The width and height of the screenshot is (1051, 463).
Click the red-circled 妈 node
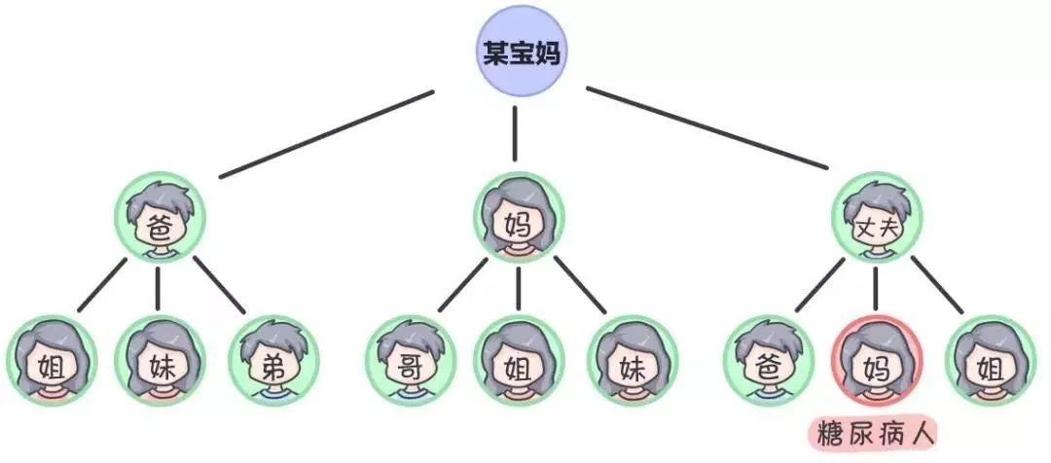(x=874, y=360)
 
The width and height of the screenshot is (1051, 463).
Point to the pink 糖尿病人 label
(x=874, y=431)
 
